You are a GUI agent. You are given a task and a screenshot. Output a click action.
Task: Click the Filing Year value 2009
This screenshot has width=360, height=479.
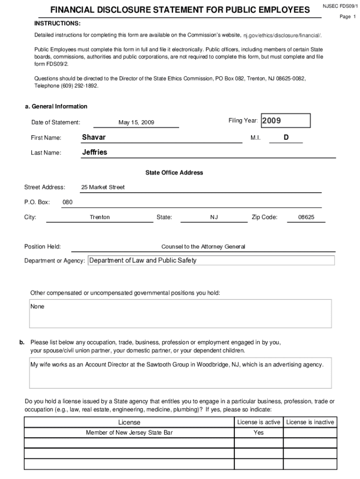coord(272,121)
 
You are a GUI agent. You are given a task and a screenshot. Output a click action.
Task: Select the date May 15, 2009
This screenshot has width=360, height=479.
coord(136,123)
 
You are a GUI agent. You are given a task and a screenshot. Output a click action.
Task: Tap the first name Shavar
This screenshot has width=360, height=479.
coord(94,137)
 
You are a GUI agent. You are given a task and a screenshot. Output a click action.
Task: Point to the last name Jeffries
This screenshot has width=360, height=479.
coord(94,152)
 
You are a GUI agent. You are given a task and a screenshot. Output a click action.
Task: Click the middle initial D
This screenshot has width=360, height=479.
coord(286,137)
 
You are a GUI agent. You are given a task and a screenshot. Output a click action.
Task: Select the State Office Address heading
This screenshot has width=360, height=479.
coord(174,173)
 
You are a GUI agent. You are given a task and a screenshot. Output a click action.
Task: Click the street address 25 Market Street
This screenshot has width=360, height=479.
coord(103,187)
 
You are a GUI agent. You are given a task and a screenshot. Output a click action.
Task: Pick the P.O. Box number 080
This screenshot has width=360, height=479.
coord(67,202)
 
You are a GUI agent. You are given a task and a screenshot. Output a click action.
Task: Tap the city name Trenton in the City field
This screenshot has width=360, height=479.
coord(100,217)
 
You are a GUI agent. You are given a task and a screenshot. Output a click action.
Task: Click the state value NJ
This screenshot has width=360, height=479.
coord(214,217)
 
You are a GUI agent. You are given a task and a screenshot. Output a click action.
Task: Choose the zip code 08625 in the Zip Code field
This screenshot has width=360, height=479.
coord(306,217)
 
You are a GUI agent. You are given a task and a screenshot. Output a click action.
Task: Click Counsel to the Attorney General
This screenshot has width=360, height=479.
coord(203,247)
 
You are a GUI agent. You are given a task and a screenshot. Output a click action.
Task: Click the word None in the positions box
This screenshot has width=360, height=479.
coord(37,307)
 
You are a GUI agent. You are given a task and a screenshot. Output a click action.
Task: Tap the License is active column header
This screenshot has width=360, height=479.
coord(259,422)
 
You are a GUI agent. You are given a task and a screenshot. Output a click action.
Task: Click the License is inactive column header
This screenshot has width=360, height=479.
coord(310,422)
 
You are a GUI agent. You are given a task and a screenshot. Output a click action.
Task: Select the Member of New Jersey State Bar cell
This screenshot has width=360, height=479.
coord(129,433)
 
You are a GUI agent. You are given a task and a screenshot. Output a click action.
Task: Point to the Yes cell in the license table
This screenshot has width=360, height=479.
coord(259,433)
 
